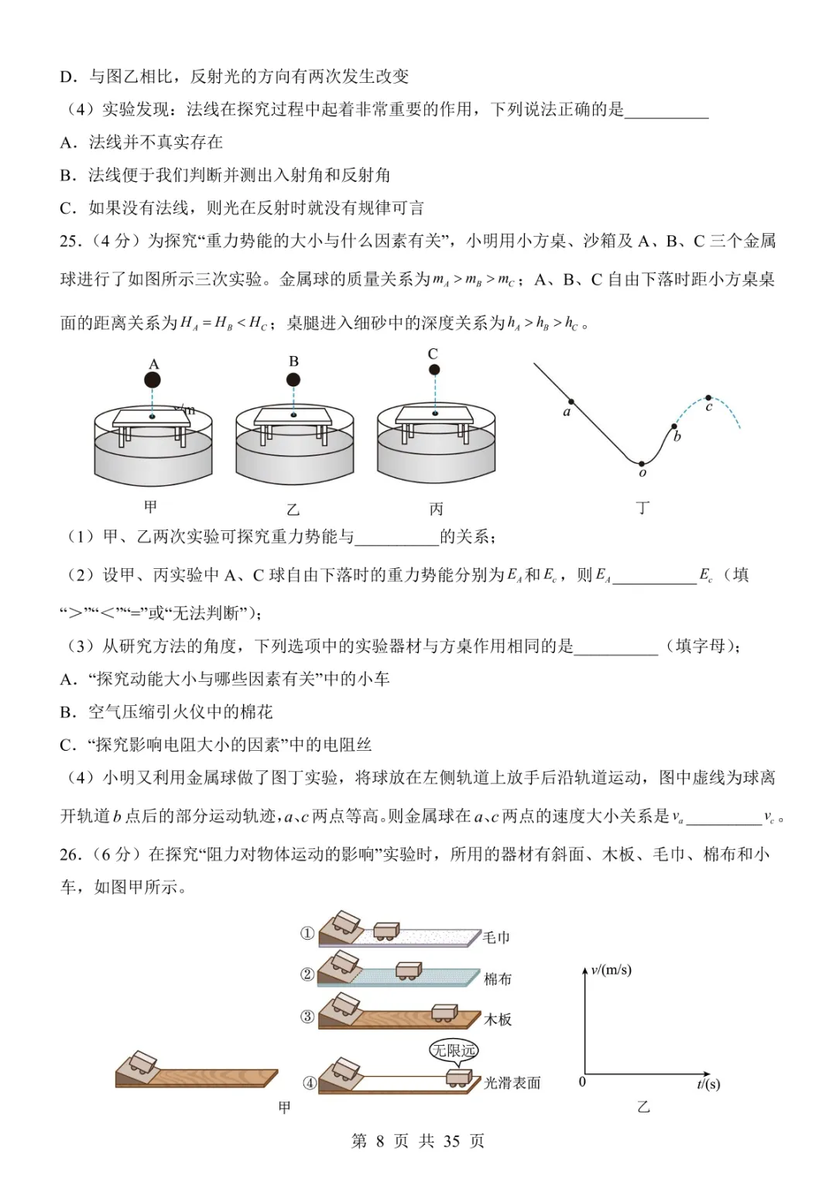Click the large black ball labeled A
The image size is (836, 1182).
coord(153,380)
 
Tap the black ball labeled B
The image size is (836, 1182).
coord(293,379)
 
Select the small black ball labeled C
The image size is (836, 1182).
coord(434,370)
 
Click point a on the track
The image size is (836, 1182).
coord(571,402)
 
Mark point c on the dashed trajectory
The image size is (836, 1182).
coord(710,396)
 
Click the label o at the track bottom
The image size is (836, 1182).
coord(642,473)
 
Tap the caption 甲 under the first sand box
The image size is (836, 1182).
coord(151,507)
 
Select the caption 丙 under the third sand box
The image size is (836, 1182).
coord(436,509)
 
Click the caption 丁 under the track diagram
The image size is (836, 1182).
coord(642,508)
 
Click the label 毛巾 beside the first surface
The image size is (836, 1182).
coord(497,937)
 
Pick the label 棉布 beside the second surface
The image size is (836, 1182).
coord(498,979)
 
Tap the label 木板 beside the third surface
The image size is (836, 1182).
coord(498,1019)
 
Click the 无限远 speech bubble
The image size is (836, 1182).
coord(454,1050)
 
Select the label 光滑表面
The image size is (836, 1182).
coord(512,1083)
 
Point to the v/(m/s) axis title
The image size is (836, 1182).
coord(611,970)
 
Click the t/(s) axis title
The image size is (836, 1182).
coord(708,1084)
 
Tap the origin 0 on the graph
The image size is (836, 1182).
coord(582,1082)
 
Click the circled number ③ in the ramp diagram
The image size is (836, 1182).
coord(307,1016)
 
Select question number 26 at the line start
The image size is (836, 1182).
coord(70,855)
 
